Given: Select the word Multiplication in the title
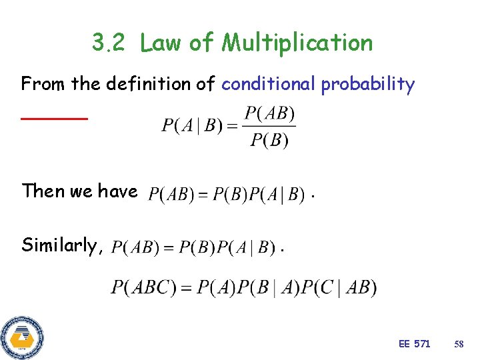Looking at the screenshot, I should click(x=297, y=43).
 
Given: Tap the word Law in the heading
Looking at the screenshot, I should click(x=161, y=43).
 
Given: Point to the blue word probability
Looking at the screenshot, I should click(x=367, y=85).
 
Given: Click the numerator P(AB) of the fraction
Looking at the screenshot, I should click(x=269, y=113).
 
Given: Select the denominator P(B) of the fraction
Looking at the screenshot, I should click(x=269, y=140).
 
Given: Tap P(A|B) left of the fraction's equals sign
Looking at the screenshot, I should click(x=192, y=126).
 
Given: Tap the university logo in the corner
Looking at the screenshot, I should click(x=21, y=338).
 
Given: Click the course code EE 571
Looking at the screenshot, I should click(x=414, y=344).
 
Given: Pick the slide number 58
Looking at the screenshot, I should click(x=459, y=344).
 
